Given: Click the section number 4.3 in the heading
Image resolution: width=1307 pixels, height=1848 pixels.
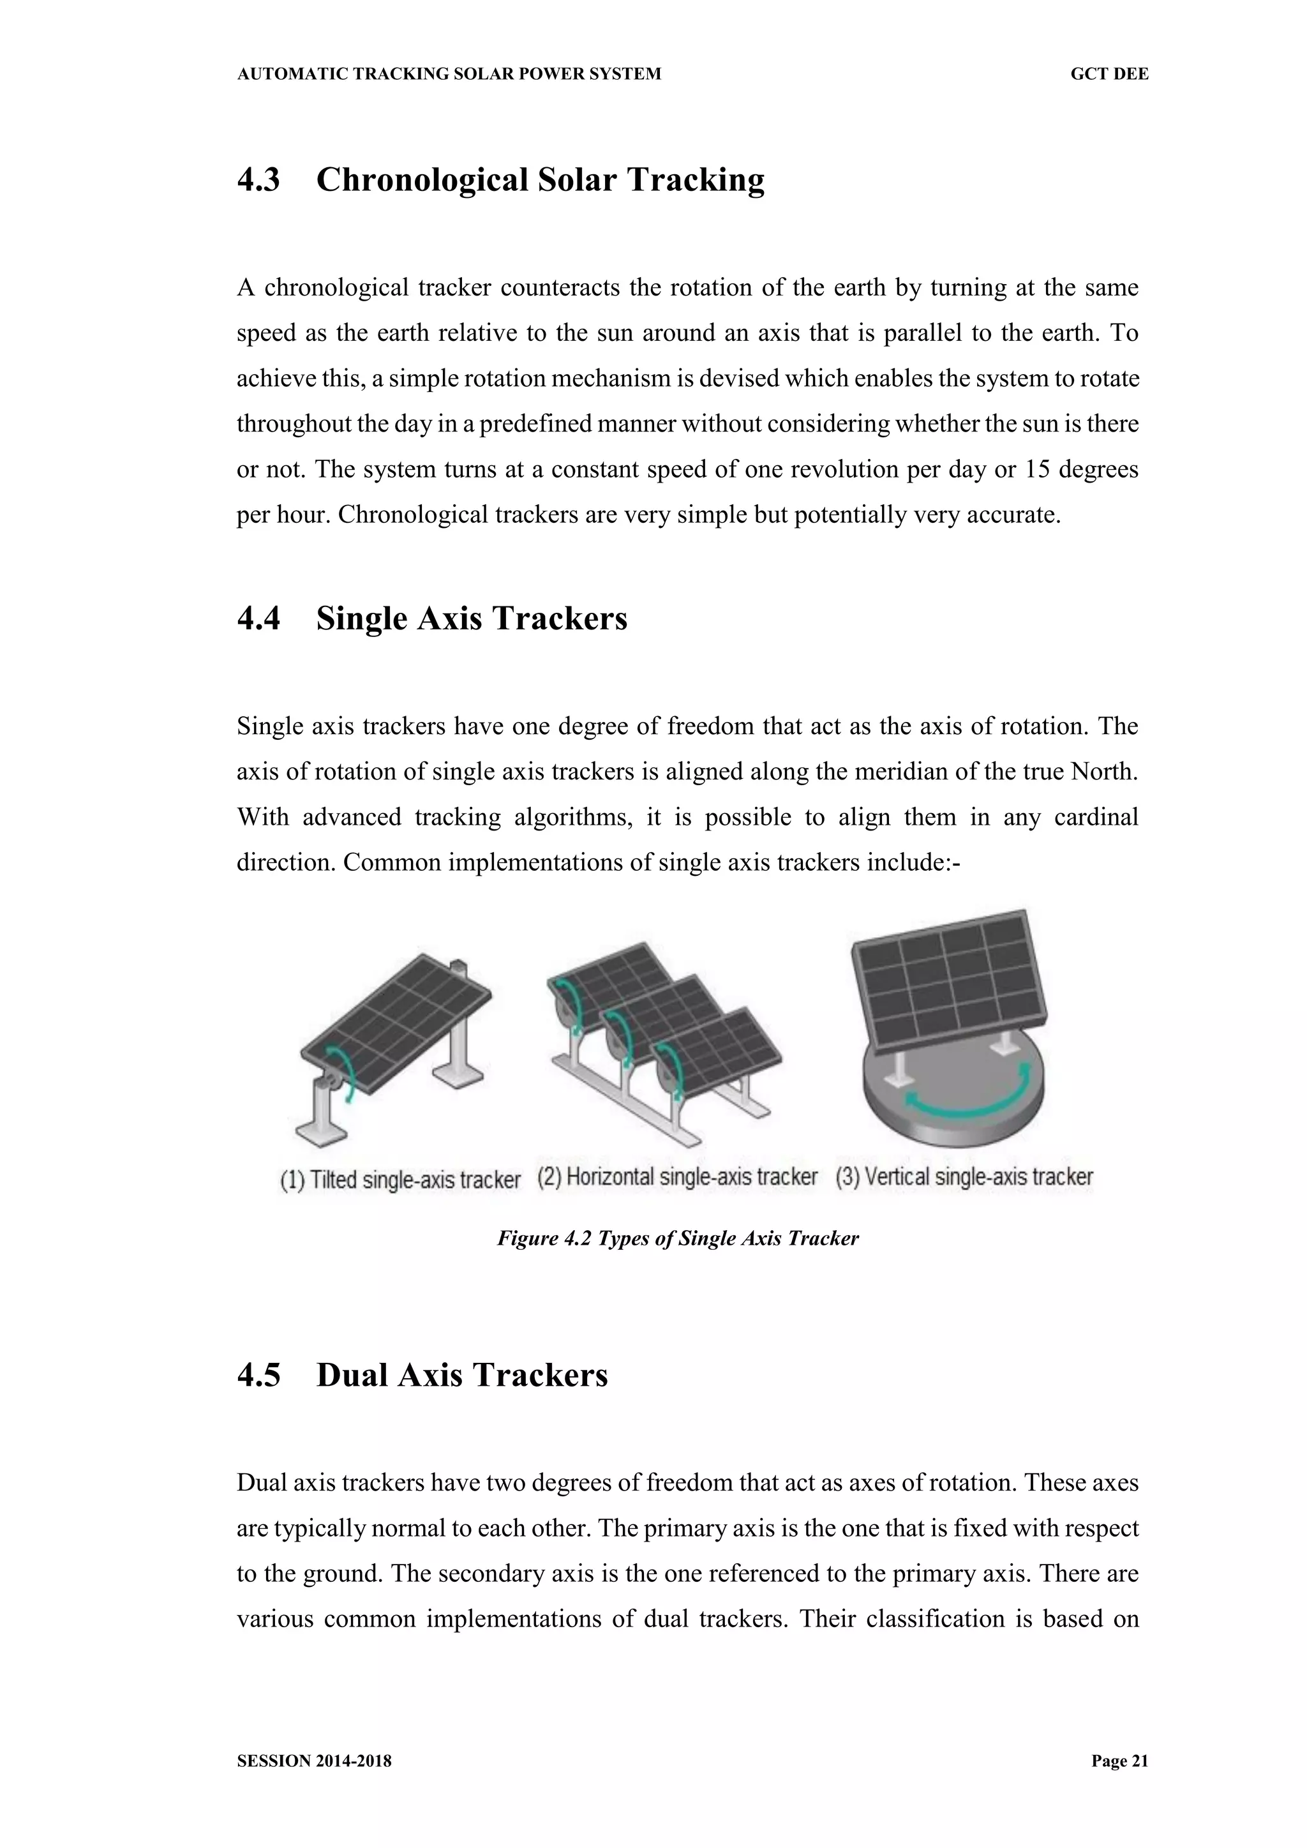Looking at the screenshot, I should point(258,179).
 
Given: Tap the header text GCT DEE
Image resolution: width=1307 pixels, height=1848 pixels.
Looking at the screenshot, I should point(1109,74).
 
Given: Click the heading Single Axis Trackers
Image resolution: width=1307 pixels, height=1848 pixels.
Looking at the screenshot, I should point(471,618).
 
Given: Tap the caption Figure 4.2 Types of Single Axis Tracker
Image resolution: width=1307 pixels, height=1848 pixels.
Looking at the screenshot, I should point(678,1238).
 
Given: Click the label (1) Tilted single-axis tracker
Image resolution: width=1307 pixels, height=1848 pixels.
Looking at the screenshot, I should point(400,1179).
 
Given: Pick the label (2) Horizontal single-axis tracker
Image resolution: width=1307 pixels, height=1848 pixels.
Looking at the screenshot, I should point(677,1176).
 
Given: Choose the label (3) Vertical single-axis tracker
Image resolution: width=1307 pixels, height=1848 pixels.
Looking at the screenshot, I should point(964,1176).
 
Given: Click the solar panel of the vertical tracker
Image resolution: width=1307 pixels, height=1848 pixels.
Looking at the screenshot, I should point(950,982).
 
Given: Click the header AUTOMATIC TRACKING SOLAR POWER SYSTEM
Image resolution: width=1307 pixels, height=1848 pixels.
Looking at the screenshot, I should point(449,74).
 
